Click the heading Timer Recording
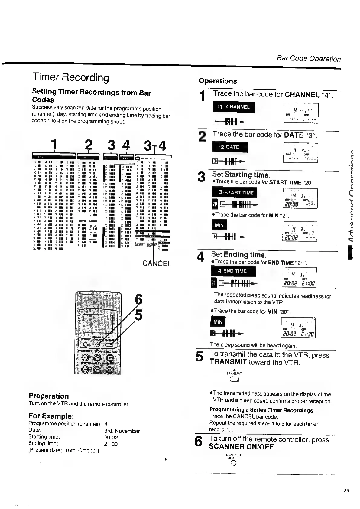point(70,78)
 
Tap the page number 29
point(346,491)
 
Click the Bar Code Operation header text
point(309,59)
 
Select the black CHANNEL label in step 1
point(234,107)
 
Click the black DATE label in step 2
point(230,147)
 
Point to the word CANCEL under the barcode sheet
point(157,263)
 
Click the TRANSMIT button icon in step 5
point(235,380)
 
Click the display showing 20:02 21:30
point(298,328)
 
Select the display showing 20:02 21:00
point(299,277)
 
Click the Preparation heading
point(49,396)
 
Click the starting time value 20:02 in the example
point(111,437)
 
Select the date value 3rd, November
point(122,431)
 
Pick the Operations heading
point(218,81)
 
